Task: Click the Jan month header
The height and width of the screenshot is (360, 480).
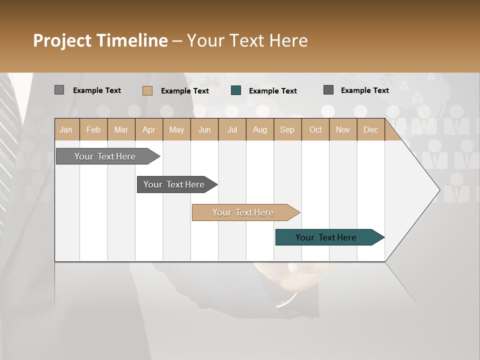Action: (66, 130)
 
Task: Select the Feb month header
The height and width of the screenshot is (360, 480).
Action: (93, 130)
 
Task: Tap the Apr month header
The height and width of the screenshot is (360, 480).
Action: (149, 130)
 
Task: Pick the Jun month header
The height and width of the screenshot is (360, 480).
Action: (204, 130)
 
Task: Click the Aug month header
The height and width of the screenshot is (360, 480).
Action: (260, 130)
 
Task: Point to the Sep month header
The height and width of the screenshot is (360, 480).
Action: (287, 130)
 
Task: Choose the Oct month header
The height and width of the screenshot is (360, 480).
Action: (315, 130)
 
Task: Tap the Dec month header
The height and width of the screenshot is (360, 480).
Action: (371, 130)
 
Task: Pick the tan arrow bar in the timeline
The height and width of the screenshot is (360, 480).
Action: (244, 212)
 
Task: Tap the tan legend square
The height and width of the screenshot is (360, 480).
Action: (147, 90)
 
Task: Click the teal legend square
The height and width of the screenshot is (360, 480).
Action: (236, 90)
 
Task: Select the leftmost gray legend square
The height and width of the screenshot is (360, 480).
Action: (59, 90)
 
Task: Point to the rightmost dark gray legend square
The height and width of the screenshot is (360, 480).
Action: (328, 90)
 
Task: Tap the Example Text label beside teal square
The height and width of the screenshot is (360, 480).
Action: (272, 91)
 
